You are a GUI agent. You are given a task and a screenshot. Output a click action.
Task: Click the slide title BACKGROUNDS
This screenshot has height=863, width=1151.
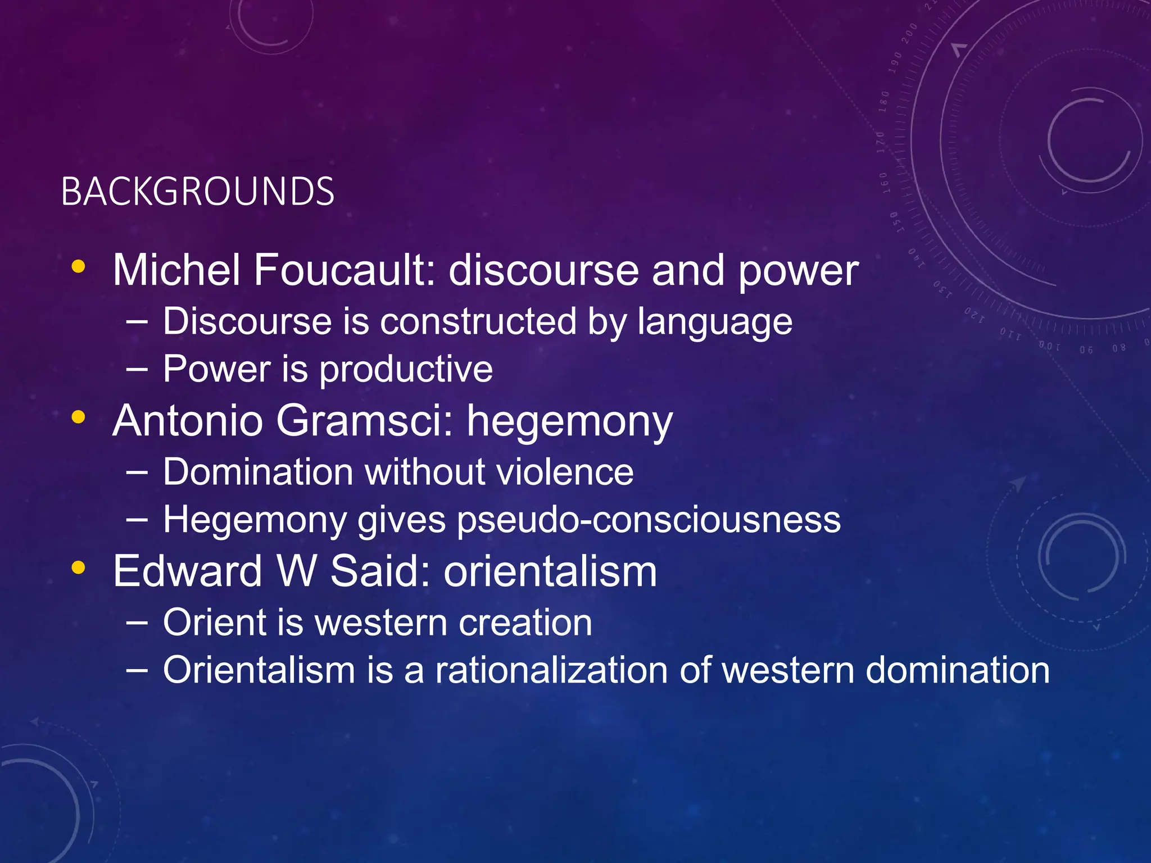click(198, 192)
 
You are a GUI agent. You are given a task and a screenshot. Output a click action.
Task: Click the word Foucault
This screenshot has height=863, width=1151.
click(344, 270)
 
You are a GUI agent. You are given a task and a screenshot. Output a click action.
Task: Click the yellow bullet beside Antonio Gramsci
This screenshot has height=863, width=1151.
click(79, 417)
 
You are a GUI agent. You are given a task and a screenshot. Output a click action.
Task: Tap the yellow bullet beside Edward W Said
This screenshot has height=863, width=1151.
click(79, 567)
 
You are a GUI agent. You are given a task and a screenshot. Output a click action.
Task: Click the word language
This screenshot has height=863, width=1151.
click(715, 323)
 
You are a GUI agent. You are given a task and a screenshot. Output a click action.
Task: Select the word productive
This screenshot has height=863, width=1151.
click(406, 370)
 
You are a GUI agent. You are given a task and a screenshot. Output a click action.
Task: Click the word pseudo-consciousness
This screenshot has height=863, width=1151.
click(649, 520)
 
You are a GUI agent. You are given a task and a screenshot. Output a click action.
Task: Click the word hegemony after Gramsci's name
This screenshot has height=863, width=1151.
click(569, 422)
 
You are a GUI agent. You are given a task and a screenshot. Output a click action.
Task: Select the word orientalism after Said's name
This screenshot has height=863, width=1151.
click(550, 571)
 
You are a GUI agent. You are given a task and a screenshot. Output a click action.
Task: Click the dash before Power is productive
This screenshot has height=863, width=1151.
click(137, 370)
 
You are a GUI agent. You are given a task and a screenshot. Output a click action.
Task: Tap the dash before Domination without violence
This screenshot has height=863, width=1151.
click(137, 472)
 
